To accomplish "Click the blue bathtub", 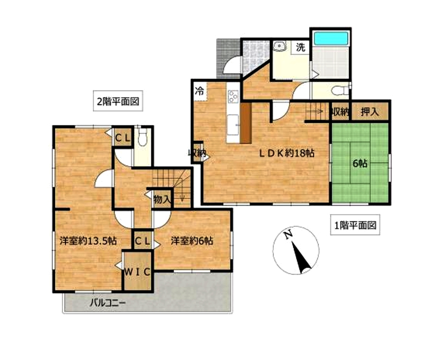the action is tap(331, 38).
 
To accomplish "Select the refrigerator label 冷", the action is tap(199, 91).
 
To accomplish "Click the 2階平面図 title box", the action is tap(118, 101).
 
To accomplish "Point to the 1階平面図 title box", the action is tap(355, 225).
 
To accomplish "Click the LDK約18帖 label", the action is tap(287, 154).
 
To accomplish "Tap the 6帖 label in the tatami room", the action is tap(360, 164).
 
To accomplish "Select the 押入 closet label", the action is tap(370, 112).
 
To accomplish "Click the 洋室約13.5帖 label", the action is tap(88, 241).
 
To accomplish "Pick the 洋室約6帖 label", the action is tap(192, 241).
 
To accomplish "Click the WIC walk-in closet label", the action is tap(137, 272).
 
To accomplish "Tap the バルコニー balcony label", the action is tap(108, 303).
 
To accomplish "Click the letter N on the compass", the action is tap(288, 235).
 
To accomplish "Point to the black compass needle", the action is tap(301, 258).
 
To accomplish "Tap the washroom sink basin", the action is tap(279, 46).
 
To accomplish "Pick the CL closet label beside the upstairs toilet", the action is tap(123, 138).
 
